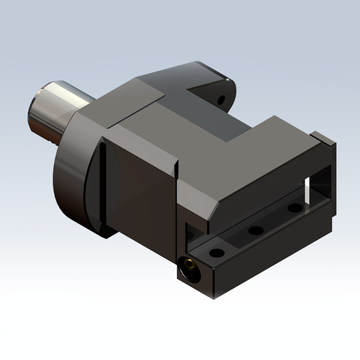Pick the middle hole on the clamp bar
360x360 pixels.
[256, 230]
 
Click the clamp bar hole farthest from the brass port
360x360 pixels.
[295, 208]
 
